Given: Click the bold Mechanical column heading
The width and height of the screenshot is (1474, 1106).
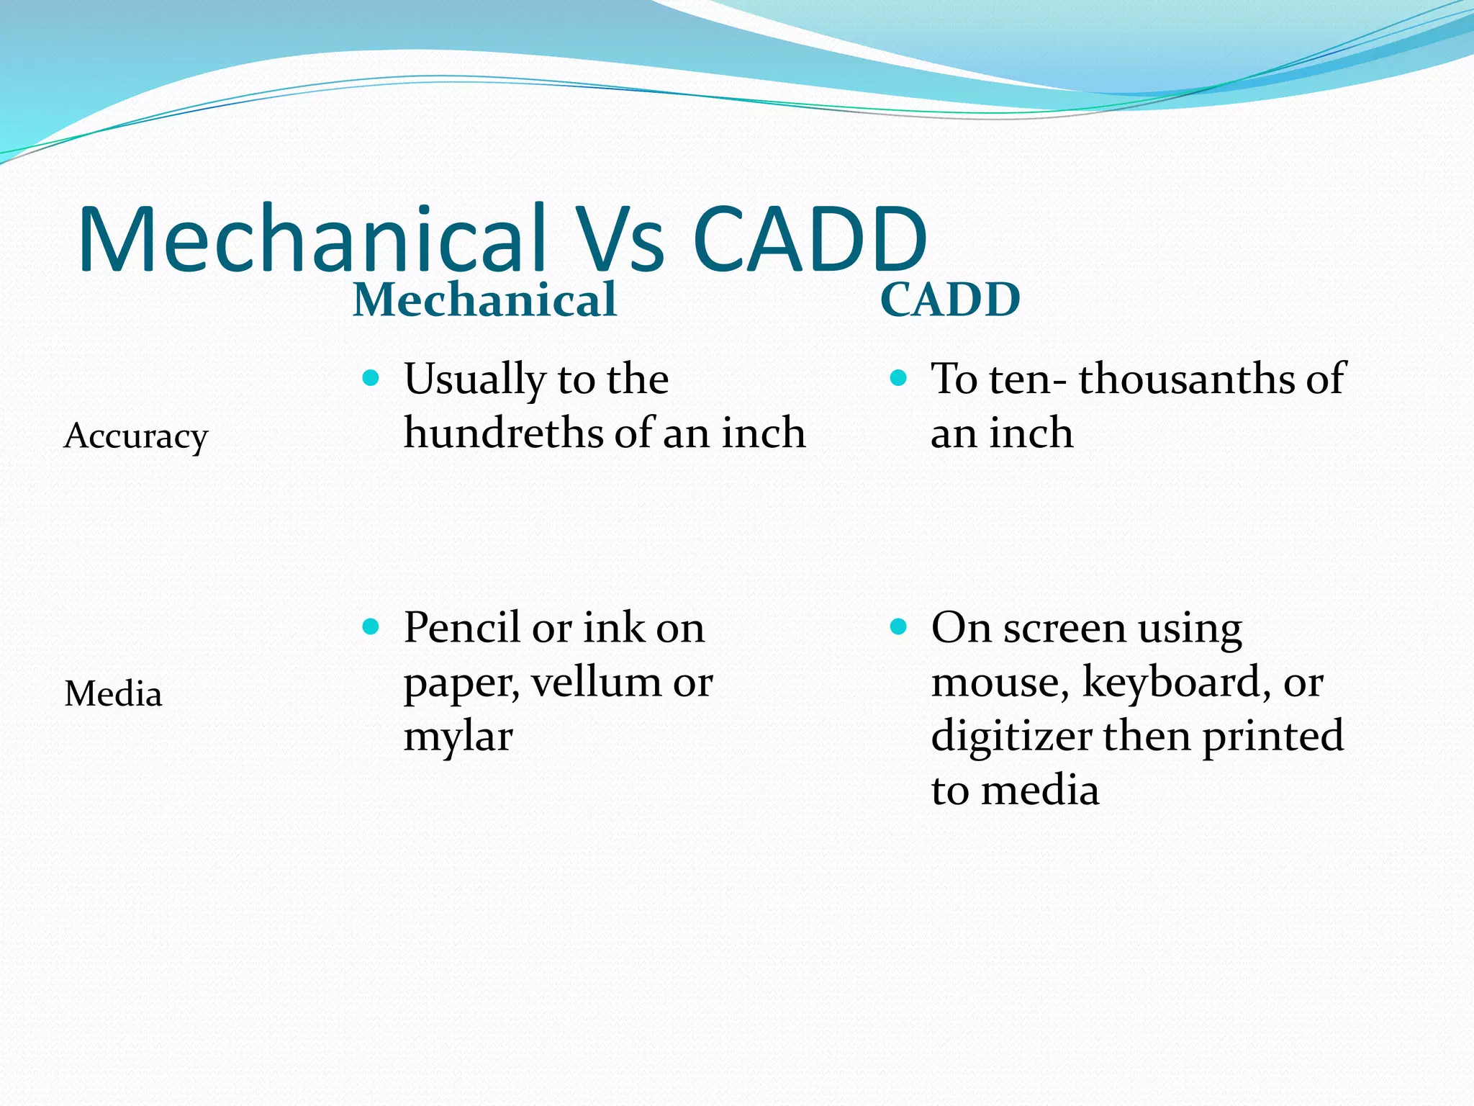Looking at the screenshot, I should tap(484, 300).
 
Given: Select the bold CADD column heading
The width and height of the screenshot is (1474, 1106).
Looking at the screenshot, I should tap(950, 300).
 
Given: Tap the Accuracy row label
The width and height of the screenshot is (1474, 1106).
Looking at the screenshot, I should tap(136, 436).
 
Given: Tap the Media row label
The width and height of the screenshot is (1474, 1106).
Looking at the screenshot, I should tap(113, 694).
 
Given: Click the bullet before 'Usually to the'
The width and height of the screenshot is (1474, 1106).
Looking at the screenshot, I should tap(371, 378).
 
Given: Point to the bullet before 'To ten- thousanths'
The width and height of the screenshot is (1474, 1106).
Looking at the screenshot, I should tap(897, 378).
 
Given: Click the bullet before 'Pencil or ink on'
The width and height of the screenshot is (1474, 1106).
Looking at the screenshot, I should tap(371, 626).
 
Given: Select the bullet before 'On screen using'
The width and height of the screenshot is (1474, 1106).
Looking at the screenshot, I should tap(897, 626).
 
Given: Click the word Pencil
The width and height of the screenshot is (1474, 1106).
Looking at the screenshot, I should tap(461, 628).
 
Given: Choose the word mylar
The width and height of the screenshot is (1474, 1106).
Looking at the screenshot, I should tap(458, 737).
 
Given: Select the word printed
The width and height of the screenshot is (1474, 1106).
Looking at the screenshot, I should tap(1272, 737).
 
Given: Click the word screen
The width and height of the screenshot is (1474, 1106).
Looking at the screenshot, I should tap(1064, 628).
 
